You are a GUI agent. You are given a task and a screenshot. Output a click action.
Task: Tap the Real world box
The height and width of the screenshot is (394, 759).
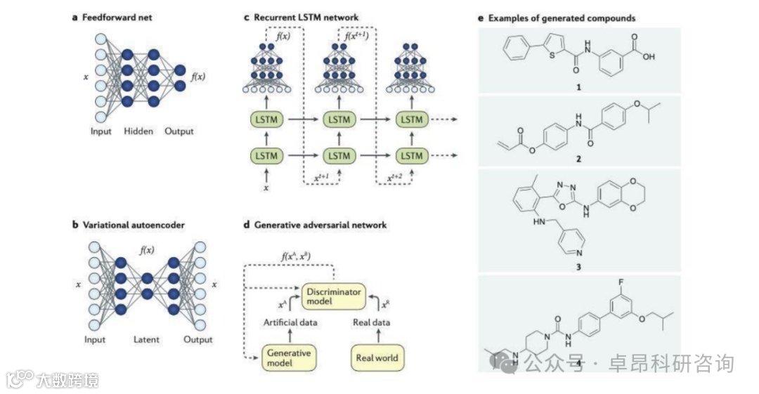click(x=376, y=357)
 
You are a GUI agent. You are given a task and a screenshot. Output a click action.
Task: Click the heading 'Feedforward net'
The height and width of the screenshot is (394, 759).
click(x=122, y=17)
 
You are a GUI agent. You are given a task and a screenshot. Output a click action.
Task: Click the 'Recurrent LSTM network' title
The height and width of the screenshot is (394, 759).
click(x=305, y=17)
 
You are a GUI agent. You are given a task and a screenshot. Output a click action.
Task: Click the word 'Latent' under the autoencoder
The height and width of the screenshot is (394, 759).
click(x=147, y=340)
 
